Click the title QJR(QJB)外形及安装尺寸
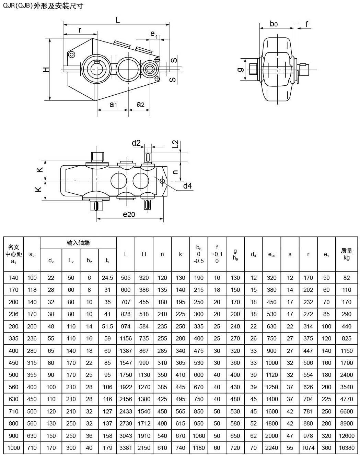pyautogui.click(x=43, y=6)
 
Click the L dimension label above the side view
pyautogui.click(x=118, y=20)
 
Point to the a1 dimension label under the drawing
pyautogui.click(x=113, y=104)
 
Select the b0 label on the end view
pyautogui.click(x=274, y=24)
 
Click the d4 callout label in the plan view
pyautogui.click(x=187, y=186)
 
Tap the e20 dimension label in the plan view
pyautogui.click(x=129, y=214)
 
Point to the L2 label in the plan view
pyautogui.click(x=176, y=144)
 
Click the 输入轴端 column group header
pyautogui.click(x=78, y=243)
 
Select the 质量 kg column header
pyautogui.click(x=347, y=254)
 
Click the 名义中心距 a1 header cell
pyautogui.click(x=14, y=254)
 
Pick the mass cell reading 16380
pyautogui.click(x=347, y=448)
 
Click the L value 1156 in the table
pyautogui.click(x=126, y=338)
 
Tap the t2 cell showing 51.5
pyautogui.click(x=107, y=326)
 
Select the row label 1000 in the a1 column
pyautogui.click(x=14, y=448)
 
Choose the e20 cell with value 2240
pyautogui.click(x=271, y=448)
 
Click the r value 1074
pyautogui.click(x=308, y=448)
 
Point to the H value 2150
pyautogui.click(x=144, y=448)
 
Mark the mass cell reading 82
pyautogui.click(x=347, y=278)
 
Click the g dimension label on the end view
pyautogui.click(x=241, y=70)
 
